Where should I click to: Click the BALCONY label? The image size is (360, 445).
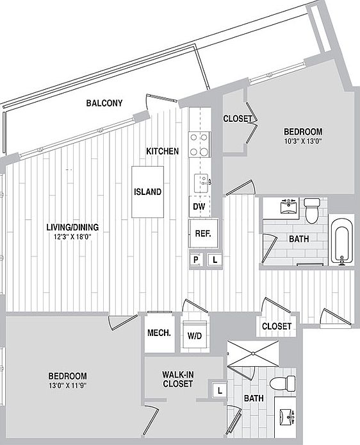coord(104,103)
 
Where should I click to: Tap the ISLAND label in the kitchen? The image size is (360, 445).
coord(147,192)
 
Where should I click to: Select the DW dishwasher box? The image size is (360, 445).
coord(200,206)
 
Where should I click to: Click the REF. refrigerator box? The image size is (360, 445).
coord(203,233)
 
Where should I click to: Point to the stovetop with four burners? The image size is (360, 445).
coord(200,144)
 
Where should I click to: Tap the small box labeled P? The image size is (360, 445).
coord(196,260)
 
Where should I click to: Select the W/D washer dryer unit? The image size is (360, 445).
coord(195,334)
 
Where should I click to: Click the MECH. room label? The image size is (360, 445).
coord(160,333)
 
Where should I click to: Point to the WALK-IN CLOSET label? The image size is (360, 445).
coord(178,379)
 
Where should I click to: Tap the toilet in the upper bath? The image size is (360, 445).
coord(312,211)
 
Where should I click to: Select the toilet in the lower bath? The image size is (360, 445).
coord(282,383)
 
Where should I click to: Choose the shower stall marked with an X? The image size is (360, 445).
coord(253,353)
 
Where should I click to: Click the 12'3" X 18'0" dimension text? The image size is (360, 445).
coord(72,237)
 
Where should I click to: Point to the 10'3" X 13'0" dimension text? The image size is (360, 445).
coord(303,141)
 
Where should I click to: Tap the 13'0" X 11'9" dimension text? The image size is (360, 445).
coord(68,385)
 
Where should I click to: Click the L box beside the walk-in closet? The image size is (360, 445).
coord(220,390)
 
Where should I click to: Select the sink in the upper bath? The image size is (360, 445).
coord(288,206)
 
